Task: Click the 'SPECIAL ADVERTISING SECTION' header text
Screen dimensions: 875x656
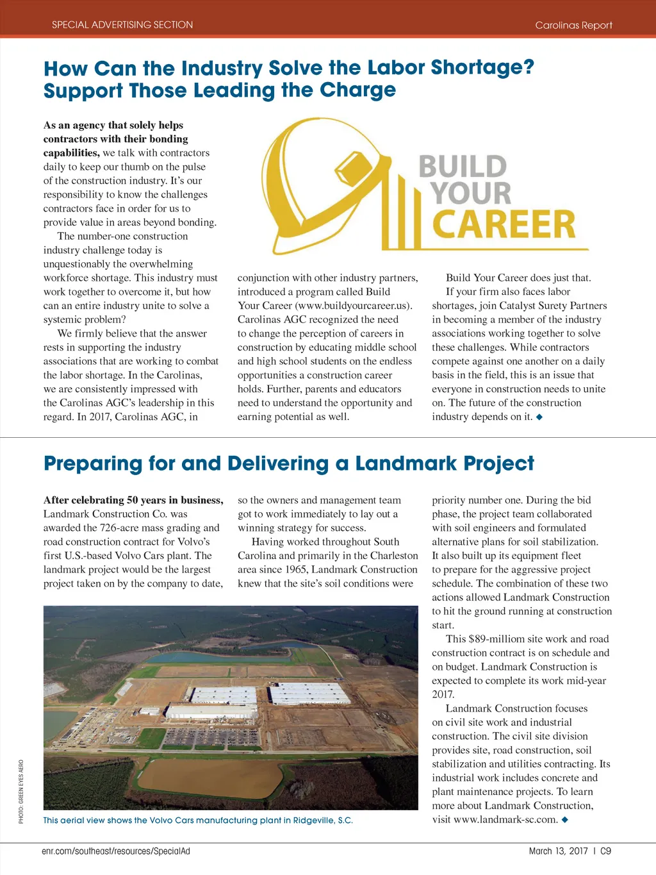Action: point(122,25)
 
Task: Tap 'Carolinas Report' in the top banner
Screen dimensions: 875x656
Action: point(573,26)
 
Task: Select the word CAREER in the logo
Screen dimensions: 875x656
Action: point(504,224)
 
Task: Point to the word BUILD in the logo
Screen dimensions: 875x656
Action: point(463,167)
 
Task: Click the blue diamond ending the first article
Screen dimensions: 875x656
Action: point(539,417)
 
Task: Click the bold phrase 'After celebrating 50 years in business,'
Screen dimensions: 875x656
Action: point(133,500)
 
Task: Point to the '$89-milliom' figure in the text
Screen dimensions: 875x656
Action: point(494,639)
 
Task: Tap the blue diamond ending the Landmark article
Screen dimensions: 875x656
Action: point(565,820)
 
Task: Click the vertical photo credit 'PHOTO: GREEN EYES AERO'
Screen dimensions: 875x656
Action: point(21,792)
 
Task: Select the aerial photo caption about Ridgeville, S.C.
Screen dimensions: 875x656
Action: point(198,821)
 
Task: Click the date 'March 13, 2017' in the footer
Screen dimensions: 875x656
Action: point(558,851)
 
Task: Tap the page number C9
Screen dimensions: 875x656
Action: point(605,851)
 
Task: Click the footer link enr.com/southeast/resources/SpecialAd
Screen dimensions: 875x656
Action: point(116,851)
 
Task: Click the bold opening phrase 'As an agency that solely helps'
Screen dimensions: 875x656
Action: point(113,125)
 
